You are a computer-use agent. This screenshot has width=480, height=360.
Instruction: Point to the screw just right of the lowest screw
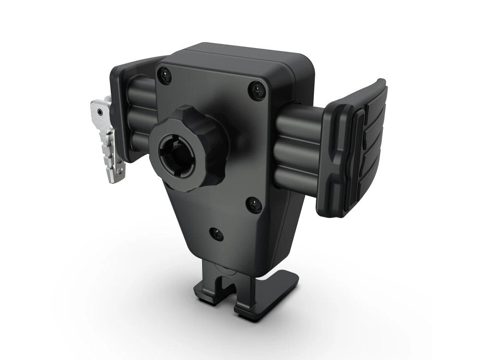click(x=254, y=204)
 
